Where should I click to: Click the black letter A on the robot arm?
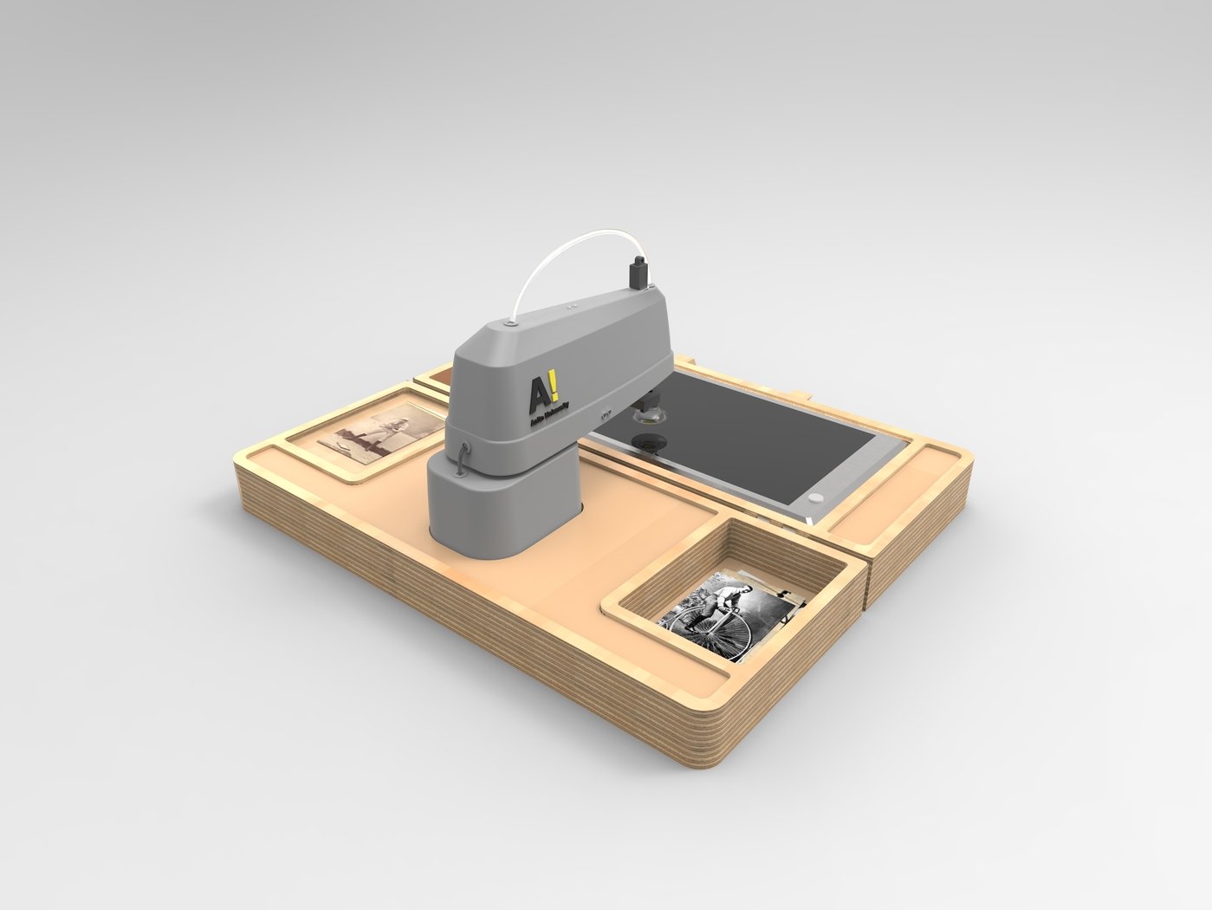coord(538,395)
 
